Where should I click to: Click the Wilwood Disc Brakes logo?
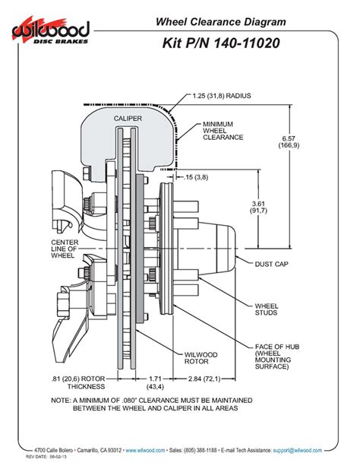(x=52, y=31)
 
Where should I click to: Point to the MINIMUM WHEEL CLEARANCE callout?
(x=223, y=131)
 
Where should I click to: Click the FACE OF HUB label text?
(x=275, y=347)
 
